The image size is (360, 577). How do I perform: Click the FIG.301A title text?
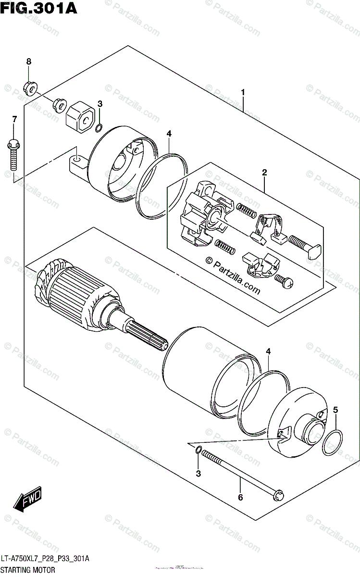[x=39, y=8]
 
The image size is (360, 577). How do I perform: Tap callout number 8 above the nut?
[x=28, y=62]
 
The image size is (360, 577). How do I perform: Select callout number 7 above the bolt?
[x=14, y=119]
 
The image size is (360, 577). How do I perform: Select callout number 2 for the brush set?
[x=264, y=172]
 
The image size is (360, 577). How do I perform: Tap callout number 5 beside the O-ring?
[x=335, y=410]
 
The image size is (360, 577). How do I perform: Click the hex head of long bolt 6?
[x=278, y=494]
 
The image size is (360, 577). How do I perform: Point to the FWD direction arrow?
[x=28, y=500]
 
